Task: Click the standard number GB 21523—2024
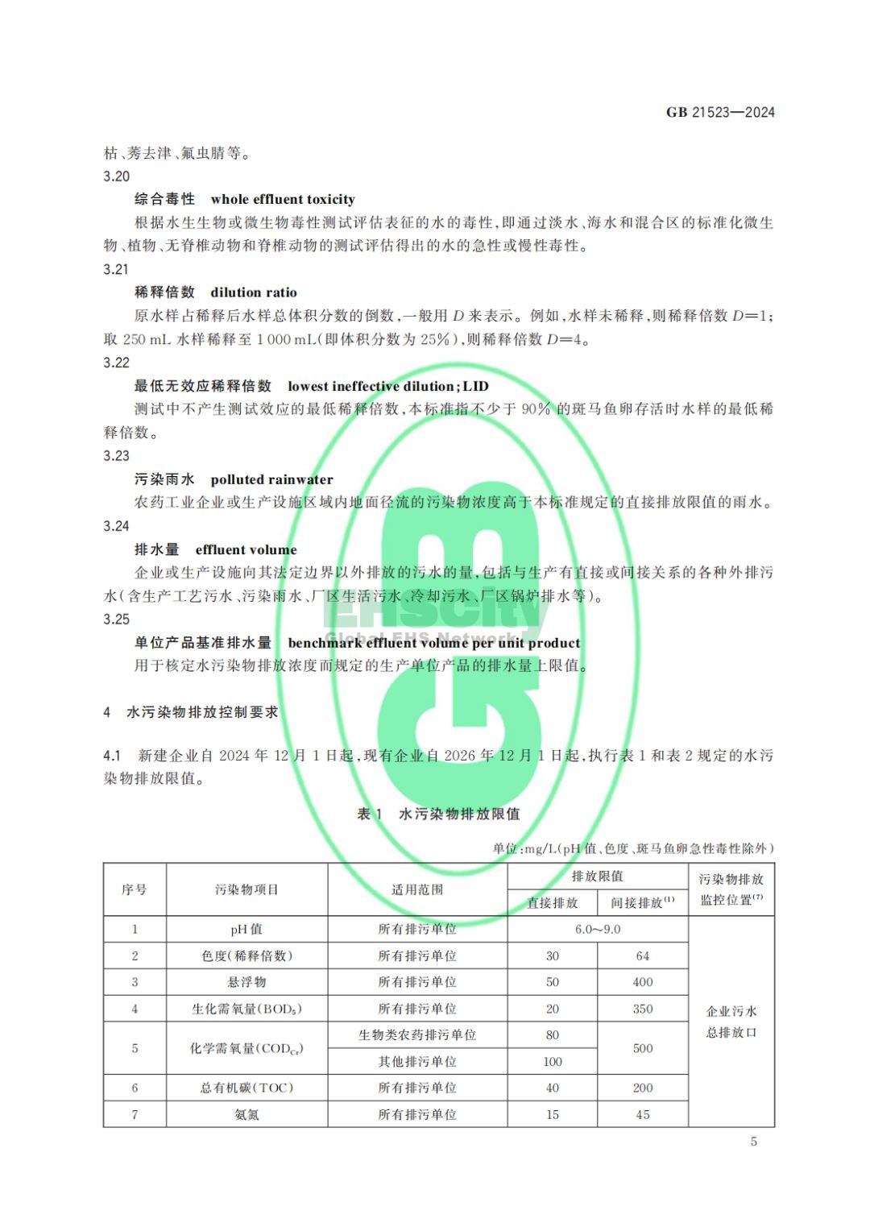point(719,112)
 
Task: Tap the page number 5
point(753,1141)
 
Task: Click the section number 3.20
point(117,176)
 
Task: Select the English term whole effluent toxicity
point(282,199)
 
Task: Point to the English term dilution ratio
point(254,292)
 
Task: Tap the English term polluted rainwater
point(271,479)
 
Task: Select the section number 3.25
point(117,619)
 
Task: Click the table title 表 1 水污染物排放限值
point(438,814)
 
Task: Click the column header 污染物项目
point(246,889)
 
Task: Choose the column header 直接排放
point(553,902)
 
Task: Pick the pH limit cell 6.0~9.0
point(598,929)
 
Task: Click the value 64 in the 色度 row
point(643,955)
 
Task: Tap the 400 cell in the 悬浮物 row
point(643,982)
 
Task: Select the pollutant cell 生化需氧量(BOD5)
point(246,1009)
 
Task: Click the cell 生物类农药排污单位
point(417,1035)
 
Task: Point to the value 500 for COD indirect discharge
point(643,1048)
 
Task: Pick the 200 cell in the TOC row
point(643,1088)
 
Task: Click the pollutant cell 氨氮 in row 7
point(246,1114)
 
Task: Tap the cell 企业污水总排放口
point(731,1022)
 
